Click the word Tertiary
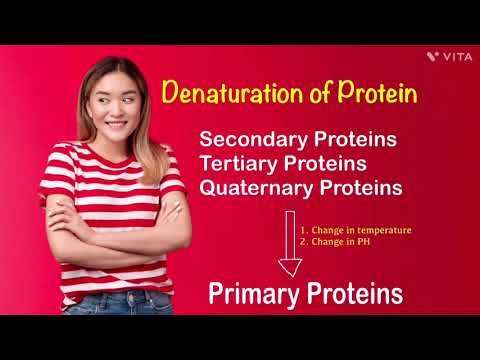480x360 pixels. (x=240, y=163)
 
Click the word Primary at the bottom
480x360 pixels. (x=249, y=293)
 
